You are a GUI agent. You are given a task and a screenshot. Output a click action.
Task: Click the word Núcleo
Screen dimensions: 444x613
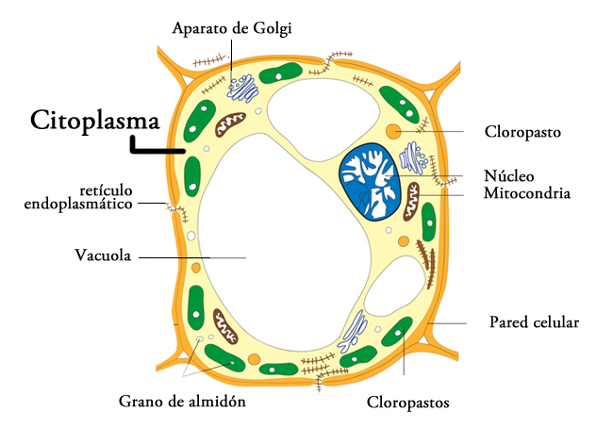[x=509, y=175]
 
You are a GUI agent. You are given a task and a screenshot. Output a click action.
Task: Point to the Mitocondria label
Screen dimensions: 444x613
[x=528, y=193]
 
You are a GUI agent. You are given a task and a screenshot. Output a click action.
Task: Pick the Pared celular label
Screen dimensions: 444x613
[x=533, y=322]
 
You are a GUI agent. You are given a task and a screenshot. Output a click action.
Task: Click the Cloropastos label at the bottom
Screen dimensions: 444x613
[x=407, y=403]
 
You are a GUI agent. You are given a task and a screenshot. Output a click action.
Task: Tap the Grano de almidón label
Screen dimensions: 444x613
[x=182, y=401]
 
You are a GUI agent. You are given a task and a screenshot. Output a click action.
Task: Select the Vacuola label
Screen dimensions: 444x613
[x=102, y=255]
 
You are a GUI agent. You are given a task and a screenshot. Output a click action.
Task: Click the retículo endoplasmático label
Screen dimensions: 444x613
[x=76, y=196]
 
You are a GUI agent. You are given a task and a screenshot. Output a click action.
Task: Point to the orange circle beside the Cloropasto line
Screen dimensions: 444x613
[x=393, y=130]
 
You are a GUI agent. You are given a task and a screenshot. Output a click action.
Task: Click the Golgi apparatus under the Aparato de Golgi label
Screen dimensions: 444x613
[x=243, y=88]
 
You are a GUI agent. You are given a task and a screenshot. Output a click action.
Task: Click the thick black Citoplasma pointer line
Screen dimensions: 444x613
[x=156, y=148]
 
